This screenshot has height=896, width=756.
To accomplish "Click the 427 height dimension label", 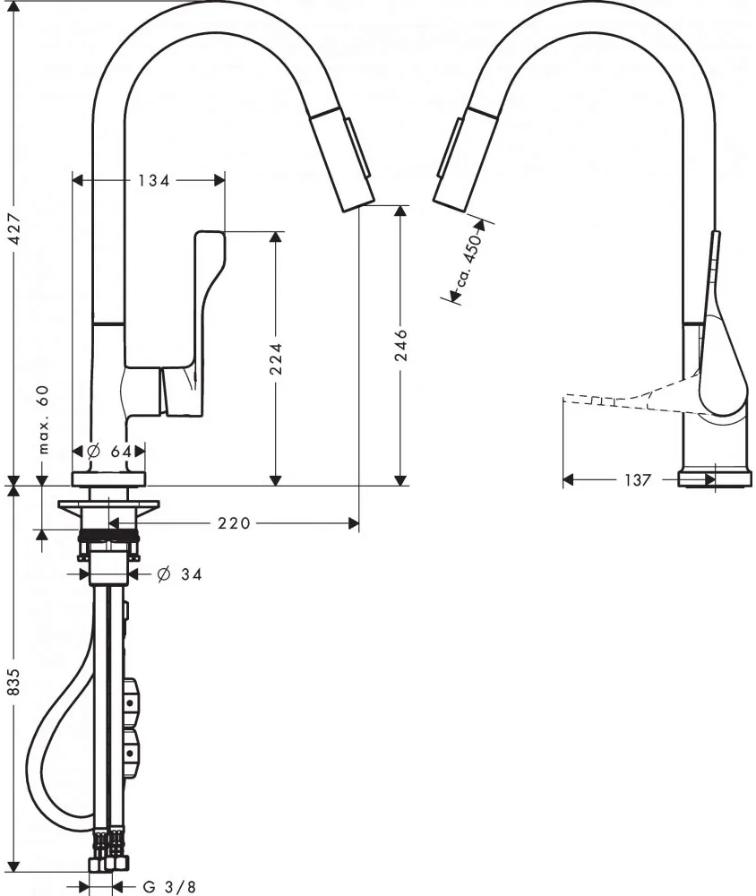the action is (x=17, y=228).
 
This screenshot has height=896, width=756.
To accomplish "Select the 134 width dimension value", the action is (x=154, y=181).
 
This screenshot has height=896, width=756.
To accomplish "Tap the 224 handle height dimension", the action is (x=276, y=358).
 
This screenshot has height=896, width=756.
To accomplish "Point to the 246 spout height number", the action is (x=401, y=345).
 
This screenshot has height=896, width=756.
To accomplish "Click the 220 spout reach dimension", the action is (x=234, y=523).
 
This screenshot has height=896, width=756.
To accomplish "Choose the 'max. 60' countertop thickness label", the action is (x=44, y=419).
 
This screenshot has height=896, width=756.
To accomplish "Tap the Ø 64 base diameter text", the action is (x=109, y=452).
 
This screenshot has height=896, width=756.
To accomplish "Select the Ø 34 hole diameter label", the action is (x=179, y=573).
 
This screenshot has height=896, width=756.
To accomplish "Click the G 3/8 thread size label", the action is (x=169, y=886).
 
